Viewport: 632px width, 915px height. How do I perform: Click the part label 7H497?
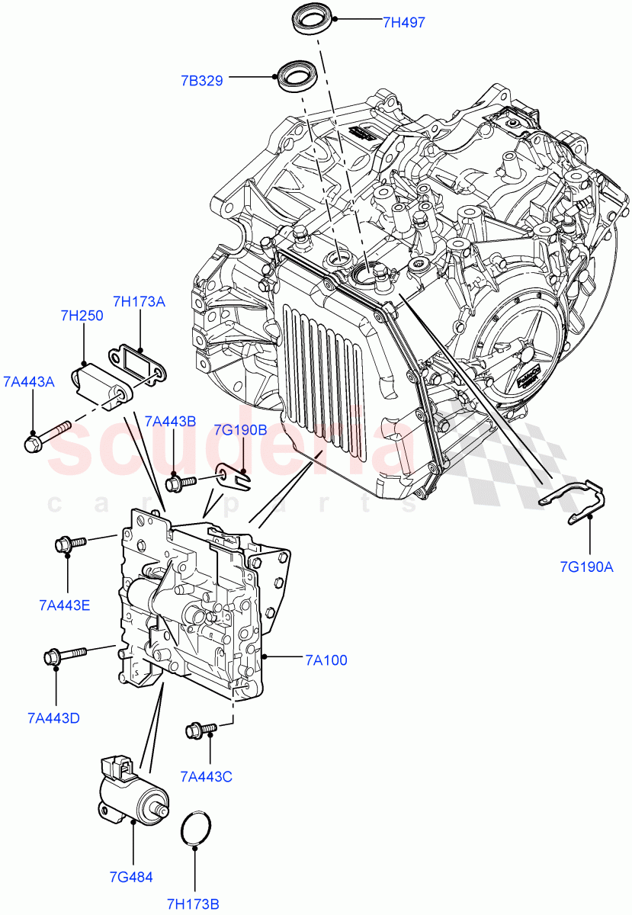[x=403, y=23]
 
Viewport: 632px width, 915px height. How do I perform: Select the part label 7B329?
[x=201, y=80]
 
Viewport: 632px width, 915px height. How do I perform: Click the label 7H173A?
[x=139, y=301]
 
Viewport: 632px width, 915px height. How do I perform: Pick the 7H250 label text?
[x=82, y=316]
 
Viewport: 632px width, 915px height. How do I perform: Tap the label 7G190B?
[x=240, y=430]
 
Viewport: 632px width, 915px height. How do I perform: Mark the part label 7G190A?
[x=588, y=567]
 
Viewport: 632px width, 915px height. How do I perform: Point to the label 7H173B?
[x=194, y=904]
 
